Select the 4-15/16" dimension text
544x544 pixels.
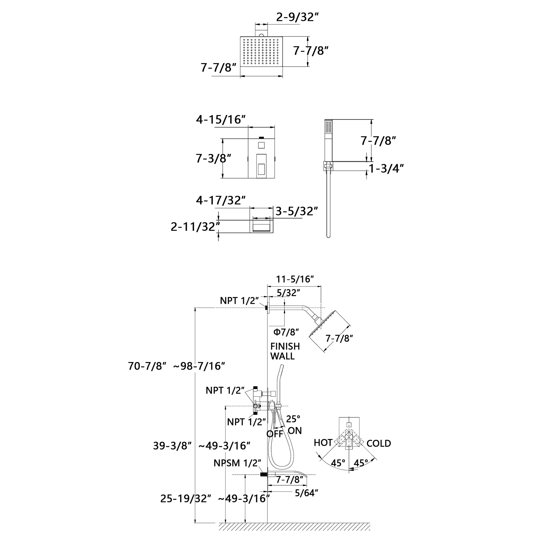[x=221, y=120]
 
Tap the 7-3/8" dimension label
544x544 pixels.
[x=214, y=159]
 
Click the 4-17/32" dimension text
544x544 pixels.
[x=221, y=200]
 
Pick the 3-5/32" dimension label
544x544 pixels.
[x=296, y=211]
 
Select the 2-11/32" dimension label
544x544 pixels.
[x=195, y=227]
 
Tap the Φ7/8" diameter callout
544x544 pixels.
[x=286, y=332]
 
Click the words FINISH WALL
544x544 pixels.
[x=285, y=351]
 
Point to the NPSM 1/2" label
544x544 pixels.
[x=237, y=463]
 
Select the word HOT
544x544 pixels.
[x=323, y=443]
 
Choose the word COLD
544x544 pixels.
[x=378, y=443]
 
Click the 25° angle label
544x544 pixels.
[x=293, y=419]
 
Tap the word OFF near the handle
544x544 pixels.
[x=274, y=434]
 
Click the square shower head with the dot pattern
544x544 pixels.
[x=261, y=51]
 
